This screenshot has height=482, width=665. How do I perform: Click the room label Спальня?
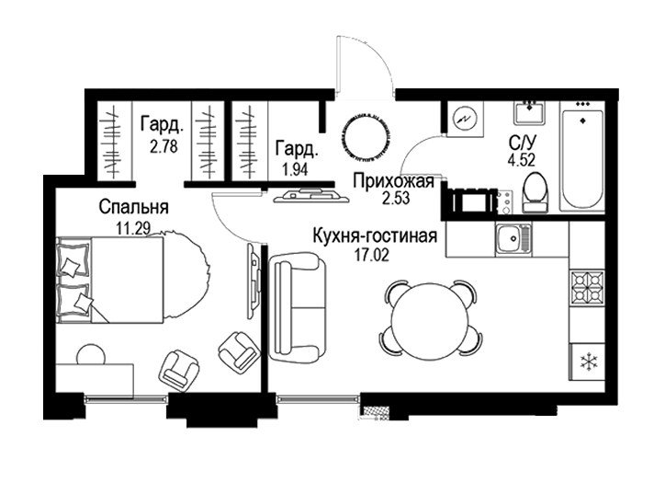point(133,207)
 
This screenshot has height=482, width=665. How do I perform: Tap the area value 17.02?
point(372,255)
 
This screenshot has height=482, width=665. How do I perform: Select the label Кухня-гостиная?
point(375,236)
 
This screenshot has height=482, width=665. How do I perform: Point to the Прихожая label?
point(394,181)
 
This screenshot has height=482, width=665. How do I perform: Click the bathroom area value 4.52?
point(521,160)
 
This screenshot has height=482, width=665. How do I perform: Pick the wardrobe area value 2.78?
point(163,146)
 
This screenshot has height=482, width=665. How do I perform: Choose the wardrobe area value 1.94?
point(296,170)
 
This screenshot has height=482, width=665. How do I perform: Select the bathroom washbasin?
point(530,112)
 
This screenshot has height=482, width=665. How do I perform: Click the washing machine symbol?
point(466,119)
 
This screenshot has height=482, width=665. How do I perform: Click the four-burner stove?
point(588,288)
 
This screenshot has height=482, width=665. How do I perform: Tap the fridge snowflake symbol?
point(588,361)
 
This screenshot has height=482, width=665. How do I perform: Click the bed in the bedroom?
point(110,280)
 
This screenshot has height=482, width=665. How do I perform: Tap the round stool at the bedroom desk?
point(91,353)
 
